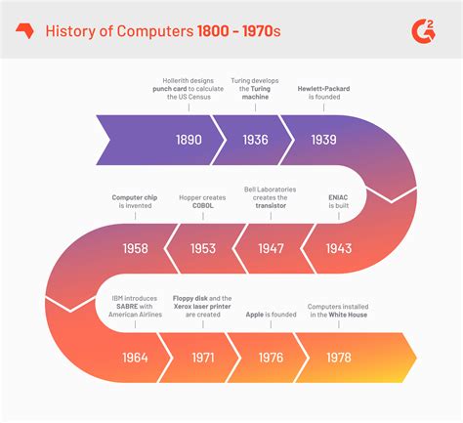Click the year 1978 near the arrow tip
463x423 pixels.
[x=338, y=357]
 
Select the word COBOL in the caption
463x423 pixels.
[x=202, y=205]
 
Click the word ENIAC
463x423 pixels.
[x=337, y=196]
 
